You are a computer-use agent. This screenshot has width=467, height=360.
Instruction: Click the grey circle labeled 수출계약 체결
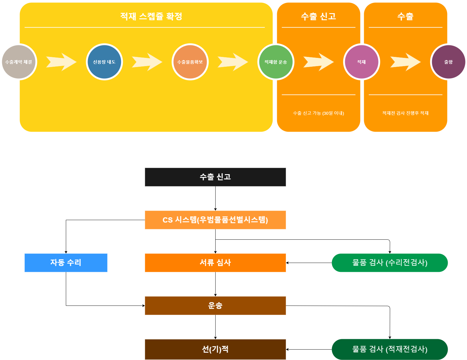point(19,62)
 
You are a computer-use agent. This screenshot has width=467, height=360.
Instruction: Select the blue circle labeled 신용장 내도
point(104,62)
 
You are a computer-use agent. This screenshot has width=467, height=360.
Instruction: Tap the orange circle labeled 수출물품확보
point(190,62)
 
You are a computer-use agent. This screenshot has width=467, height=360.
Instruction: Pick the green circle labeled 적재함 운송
point(276,62)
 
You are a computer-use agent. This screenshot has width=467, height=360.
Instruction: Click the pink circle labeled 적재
point(362,62)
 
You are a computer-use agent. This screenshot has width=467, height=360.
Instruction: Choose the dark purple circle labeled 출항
point(449,62)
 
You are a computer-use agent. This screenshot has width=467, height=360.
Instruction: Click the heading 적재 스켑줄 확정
point(151,17)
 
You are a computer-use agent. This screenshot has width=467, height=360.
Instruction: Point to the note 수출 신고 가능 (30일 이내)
point(318,113)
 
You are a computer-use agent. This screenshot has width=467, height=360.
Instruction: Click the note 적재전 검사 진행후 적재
point(405,113)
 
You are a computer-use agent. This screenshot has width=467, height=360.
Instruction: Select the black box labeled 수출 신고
point(215,177)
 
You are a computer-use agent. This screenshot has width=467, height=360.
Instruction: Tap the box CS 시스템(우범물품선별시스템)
point(215,220)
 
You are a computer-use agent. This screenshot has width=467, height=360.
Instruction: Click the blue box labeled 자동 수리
point(66,263)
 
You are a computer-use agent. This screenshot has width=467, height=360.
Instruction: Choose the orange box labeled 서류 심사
point(215,263)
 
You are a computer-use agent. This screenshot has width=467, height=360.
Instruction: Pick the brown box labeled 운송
point(215,306)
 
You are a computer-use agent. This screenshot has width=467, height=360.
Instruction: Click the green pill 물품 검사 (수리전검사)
point(390,263)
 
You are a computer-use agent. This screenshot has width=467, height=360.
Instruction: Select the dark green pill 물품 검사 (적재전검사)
point(390,349)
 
